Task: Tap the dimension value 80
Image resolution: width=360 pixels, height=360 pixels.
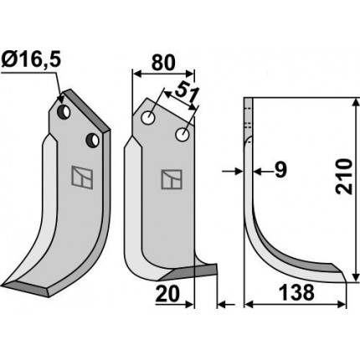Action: (x=163, y=63)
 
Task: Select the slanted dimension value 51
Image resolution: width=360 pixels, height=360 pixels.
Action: (x=185, y=93)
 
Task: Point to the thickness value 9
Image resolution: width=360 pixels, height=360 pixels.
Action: (x=280, y=170)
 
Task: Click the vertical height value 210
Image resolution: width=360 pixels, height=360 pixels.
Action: (x=343, y=177)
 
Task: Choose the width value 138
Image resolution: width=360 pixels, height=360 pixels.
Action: (x=296, y=292)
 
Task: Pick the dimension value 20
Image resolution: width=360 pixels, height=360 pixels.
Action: (x=167, y=295)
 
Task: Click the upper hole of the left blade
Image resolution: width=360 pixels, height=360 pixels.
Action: (x=64, y=111)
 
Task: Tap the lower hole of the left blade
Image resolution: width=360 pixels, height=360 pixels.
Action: (x=93, y=140)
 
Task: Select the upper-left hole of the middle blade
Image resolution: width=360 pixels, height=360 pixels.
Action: (x=148, y=117)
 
